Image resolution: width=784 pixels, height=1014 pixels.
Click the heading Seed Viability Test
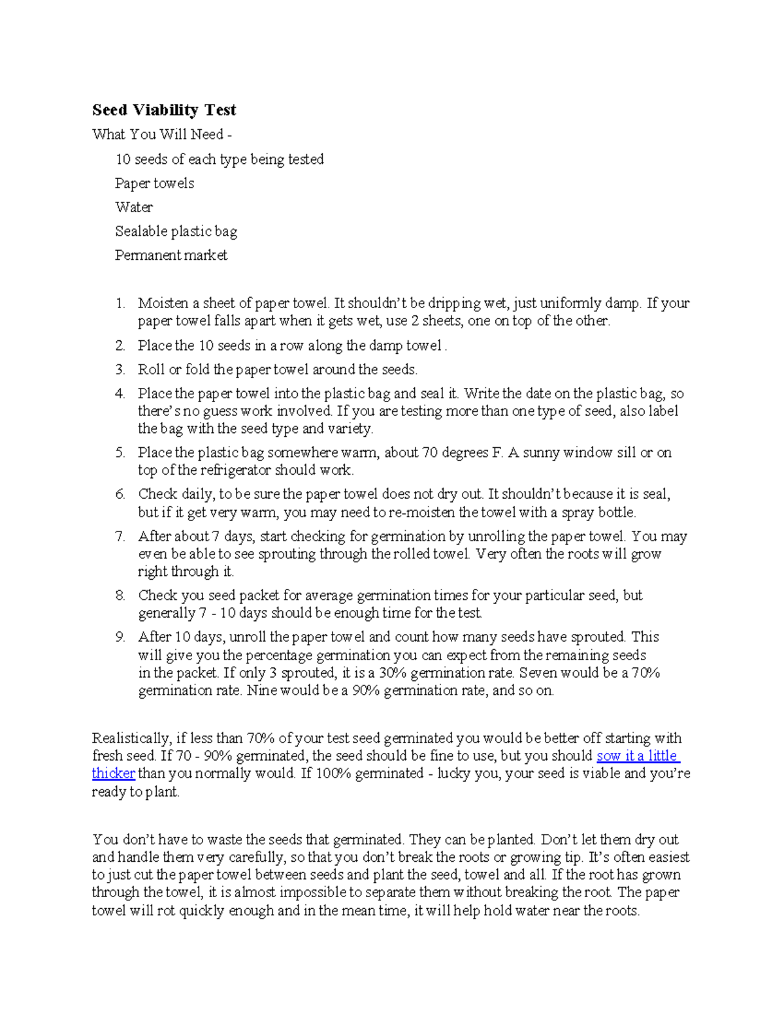164,110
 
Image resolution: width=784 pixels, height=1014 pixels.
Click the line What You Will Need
161,135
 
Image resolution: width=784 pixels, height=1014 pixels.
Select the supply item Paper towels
154,183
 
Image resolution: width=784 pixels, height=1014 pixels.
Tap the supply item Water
134,208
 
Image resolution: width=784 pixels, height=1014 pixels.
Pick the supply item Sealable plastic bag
176,231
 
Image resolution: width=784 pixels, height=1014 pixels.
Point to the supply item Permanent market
171,255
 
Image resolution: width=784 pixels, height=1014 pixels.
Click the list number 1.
120,304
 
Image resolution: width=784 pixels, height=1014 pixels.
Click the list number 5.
120,453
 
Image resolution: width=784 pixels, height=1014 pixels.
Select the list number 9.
120,637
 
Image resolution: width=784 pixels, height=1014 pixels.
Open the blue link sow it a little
638,756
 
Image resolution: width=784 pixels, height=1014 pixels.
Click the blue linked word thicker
113,774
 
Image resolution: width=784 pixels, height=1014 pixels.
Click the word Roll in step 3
151,370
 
